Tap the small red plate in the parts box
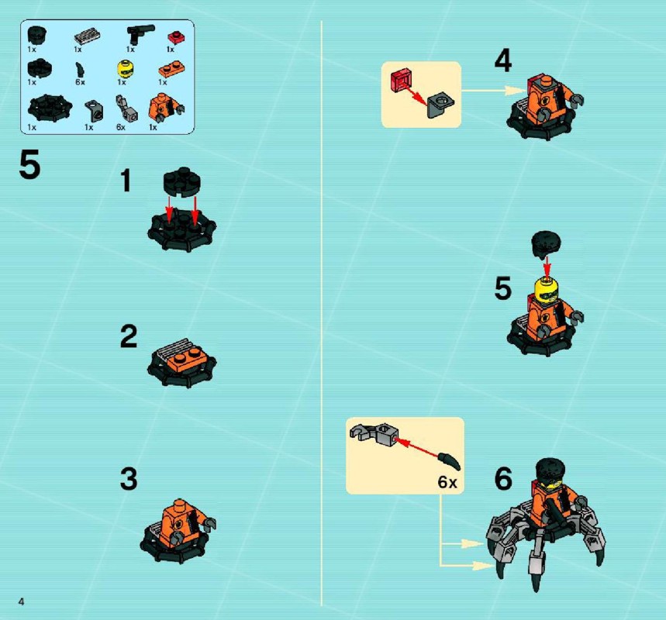[x=176, y=37]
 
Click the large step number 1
[x=126, y=181]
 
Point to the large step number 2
[x=129, y=336]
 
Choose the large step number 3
[x=129, y=479]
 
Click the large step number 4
[x=503, y=60]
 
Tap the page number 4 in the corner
[x=21, y=601]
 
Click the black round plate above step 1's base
[x=182, y=182]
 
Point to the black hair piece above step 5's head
[x=547, y=245]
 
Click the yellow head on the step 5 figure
[x=547, y=290]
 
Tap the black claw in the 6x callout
[x=450, y=461]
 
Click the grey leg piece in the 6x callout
[x=374, y=433]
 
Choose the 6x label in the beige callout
[x=447, y=482]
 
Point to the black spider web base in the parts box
[x=50, y=108]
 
